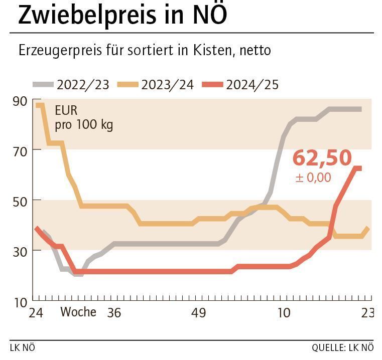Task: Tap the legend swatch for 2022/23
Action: [44, 84]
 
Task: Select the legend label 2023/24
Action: [167, 84]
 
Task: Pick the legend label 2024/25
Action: [252, 84]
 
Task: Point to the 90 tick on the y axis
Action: [20, 100]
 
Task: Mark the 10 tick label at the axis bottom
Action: [20, 302]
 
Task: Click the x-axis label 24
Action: [36, 313]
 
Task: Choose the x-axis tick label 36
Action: [114, 313]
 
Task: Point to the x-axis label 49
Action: [199, 313]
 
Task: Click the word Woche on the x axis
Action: [78, 312]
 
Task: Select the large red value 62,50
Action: [322, 157]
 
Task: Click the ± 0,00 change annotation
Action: [313, 177]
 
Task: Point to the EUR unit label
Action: [66, 110]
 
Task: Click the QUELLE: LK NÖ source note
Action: [342, 347]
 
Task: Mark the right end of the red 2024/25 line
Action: [360, 168]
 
